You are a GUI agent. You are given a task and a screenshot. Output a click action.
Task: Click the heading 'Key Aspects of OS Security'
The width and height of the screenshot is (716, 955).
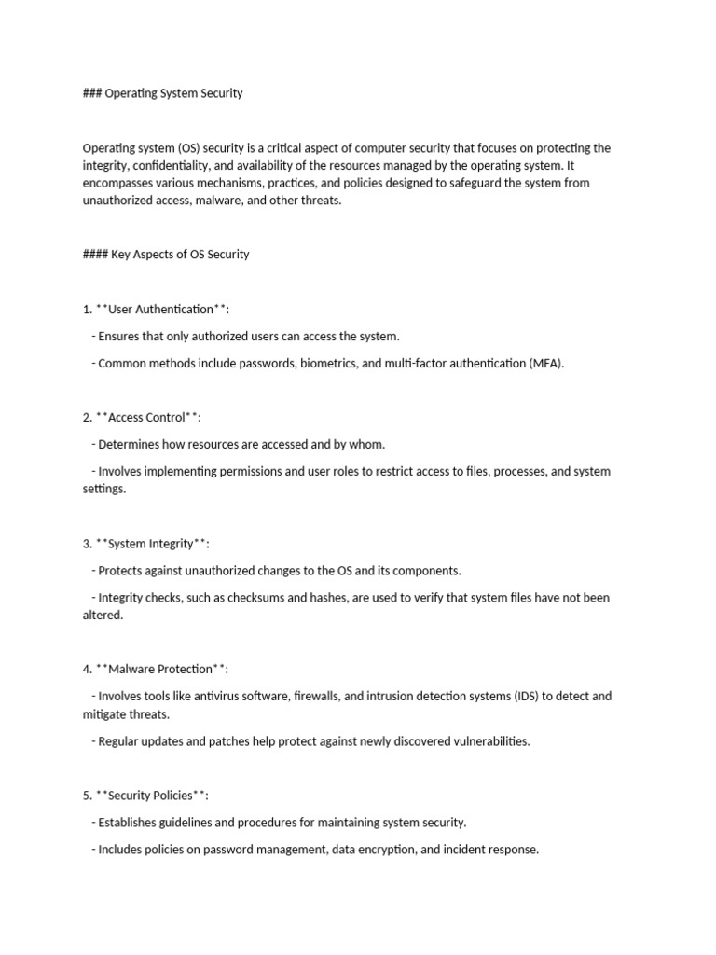pyautogui.click(x=180, y=255)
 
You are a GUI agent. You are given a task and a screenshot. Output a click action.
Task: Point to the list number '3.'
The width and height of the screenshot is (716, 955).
pyautogui.click(x=88, y=544)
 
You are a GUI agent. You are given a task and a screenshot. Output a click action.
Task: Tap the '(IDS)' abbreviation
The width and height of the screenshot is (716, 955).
pyautogui.click(x=529, y=697)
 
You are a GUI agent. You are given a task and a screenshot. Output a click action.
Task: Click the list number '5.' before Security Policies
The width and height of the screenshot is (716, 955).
pyautogui.click(x=88, y=796)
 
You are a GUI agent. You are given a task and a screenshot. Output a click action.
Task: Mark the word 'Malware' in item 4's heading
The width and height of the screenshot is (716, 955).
pyautogui.click(x=131, y=670)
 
